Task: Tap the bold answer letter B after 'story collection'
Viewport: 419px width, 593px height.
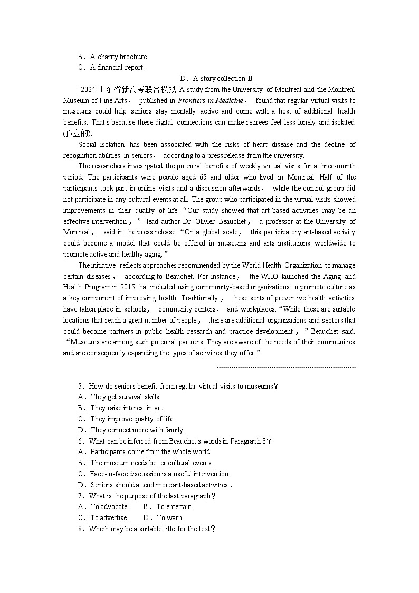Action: [251, 79]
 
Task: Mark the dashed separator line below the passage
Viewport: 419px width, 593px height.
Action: [286, 367]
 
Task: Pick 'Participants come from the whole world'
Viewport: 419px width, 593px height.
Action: [150, 451]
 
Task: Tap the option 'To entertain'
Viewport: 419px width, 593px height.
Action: [174, 506]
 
